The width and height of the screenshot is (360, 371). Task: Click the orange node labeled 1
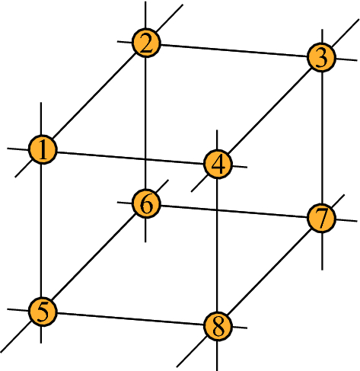pos(44,149)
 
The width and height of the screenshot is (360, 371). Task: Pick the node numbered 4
pos(218,164)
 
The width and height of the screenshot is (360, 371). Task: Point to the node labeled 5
pos(43,311)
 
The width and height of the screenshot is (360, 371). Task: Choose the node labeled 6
pos(145,203)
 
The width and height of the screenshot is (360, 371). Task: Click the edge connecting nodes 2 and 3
pos(234,50)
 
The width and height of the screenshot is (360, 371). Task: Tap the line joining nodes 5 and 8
pos(131,318)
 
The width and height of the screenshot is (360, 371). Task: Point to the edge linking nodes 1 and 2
pos(95,95)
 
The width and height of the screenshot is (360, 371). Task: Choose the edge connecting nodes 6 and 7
pos(234,211)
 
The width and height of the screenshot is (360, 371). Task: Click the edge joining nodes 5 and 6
pos(94,257)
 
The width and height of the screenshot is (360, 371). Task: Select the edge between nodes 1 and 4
pos(131,156)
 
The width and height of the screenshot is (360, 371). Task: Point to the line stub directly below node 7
pos(323,251)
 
